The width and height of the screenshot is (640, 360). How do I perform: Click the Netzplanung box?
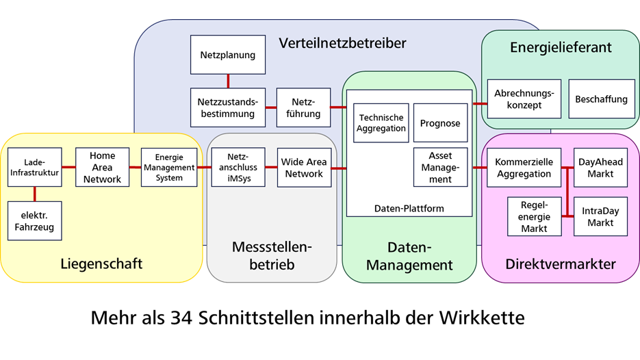pyautogui.click(x=227, y=55)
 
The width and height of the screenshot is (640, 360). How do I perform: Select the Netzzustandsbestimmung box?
pyautogui.click(x=227, y=107)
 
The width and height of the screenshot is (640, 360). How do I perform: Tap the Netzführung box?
pyautogui.click(x=303, y=107)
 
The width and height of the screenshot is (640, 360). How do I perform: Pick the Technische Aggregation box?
pyautogui.click(x=381, y=123)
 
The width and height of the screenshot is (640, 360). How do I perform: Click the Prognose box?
pyautogui.click(x=440, y=123)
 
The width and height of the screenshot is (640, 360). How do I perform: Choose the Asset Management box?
pyautogui.click(x=440, y=168)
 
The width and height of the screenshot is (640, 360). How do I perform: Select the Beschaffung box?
pyautogui.click(x=601, y=99)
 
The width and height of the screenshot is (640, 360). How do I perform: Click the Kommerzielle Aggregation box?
pyautogui.click(x=523, y=168)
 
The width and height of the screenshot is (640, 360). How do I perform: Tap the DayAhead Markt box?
pyautogui.click(x=600, y=168)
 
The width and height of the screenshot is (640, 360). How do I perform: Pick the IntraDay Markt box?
pyautogui.click(x=600, y=217)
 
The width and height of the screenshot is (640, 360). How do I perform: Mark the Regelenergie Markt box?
pyautogui.click(x=534, y=217)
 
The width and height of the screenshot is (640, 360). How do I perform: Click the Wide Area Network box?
pyautogui.click(x=304, y=168)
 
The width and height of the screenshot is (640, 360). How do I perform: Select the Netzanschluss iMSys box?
pyautogui.click(x=238, y=168)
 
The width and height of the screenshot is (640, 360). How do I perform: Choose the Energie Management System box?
pyautogui.click(x=169, y=168)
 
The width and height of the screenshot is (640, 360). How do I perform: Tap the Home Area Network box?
pyautogui.click(x=102, y=168)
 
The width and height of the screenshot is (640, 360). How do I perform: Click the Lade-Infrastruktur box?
pyautogui.click(x=34, y=168)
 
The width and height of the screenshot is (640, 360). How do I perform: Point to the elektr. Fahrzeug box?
pyautogui.click(x=34, y=221)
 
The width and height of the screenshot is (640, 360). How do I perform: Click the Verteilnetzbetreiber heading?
pyautogui.click(x=342, y=44)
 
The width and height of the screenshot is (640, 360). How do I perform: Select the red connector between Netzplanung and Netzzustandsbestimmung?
pyautogui.click(x=227, y=81)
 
